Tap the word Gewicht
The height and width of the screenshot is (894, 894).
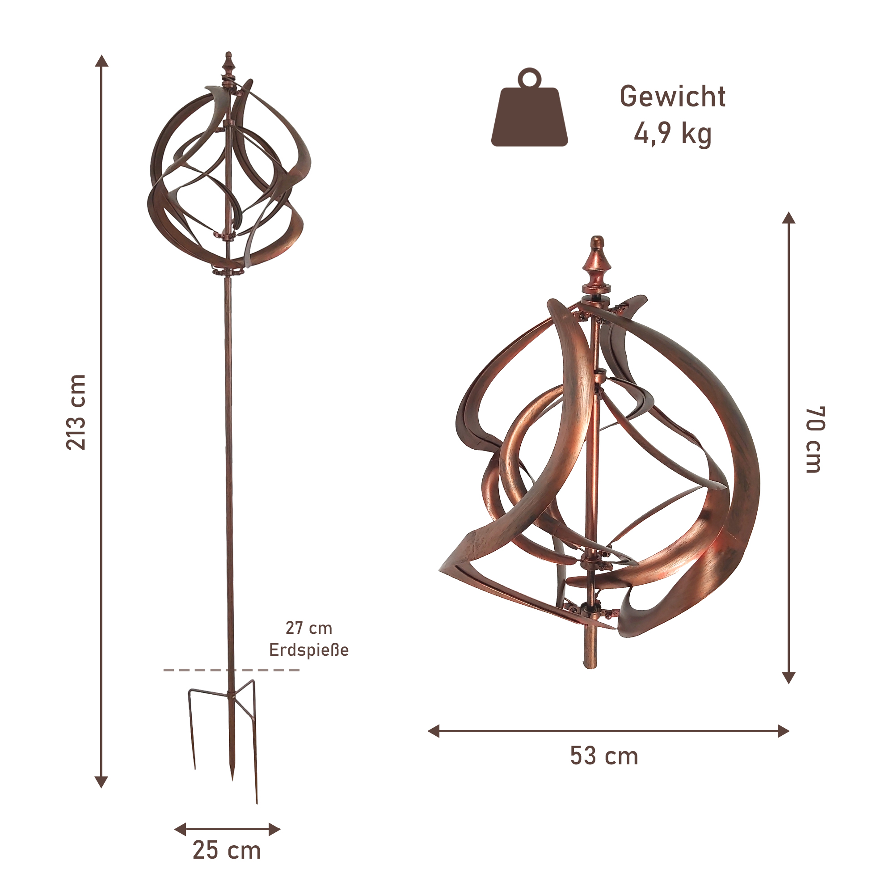672,97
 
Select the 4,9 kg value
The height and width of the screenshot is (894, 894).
672,135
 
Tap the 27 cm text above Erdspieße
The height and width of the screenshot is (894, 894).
308,628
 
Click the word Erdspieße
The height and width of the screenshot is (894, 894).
308,649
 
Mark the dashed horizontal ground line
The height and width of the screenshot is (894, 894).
232,670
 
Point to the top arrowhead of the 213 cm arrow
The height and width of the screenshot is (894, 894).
101,61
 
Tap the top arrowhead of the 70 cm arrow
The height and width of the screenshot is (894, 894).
789,218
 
